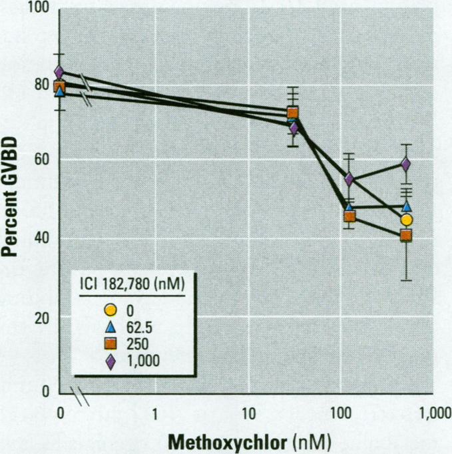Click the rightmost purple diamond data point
pyautogui.click(x=405, y=164)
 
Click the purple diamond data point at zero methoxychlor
pyautogui.click(x=59, y=71)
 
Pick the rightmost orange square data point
pyautogui.click(x=405, y=235)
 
